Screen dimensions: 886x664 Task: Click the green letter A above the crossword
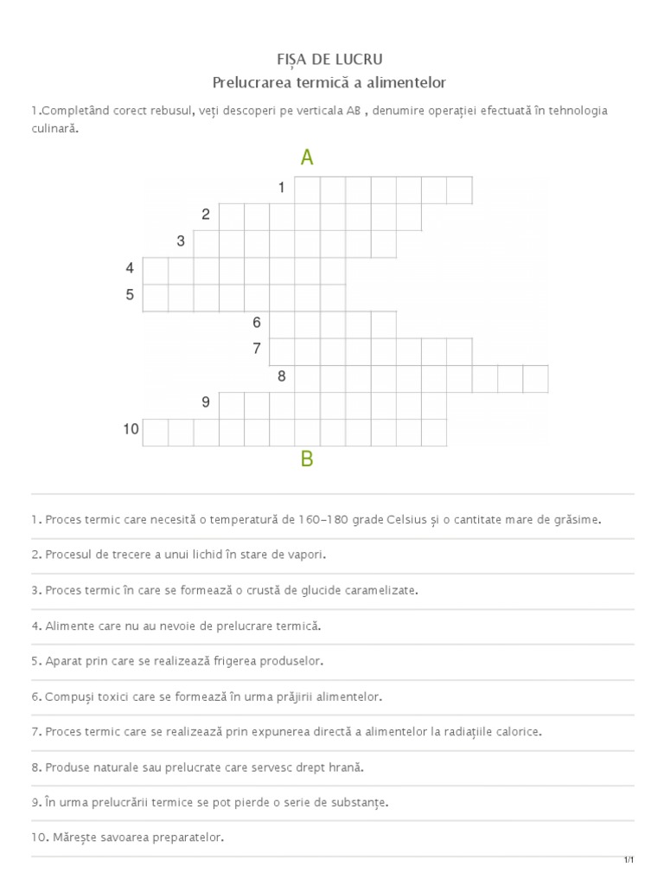click(x=307, y=157)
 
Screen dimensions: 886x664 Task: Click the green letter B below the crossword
click(x=307, y=459)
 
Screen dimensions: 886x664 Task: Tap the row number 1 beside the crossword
click(x=282, y=188)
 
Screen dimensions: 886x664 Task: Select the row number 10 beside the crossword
click(x=131, y=429)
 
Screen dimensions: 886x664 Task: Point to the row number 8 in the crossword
click(x=282, y=376)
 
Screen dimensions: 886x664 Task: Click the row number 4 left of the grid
click(x=130, y=268)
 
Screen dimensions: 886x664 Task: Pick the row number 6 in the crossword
click(x=257, y=323)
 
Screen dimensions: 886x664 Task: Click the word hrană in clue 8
click(x=347, y=767)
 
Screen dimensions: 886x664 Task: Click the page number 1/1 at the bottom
click(x=629, y=859)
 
